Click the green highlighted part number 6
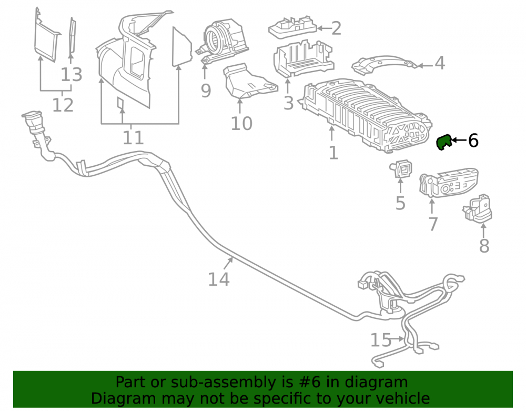click(444, 142)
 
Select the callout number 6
click(473, 140)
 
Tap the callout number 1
click(333, 153)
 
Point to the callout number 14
click(219, 279)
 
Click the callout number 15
click(381, 340)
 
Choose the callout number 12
click(63, 105)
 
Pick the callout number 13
click(72, 75)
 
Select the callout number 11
click(133, 137)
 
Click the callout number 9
click(206, 91)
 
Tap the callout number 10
click(241, 124)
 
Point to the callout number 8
click(484, 246)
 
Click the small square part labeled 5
click(401, 169)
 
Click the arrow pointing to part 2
click(323, 28)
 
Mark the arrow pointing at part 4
click(426, 66)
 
